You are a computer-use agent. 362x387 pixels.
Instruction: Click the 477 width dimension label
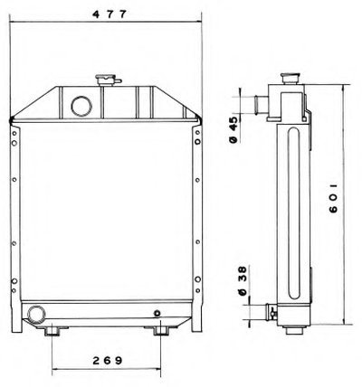pyautogui.click(x=109, y=14)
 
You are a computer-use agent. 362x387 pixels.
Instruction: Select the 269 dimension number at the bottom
pyautogui.click(x=108, y=360)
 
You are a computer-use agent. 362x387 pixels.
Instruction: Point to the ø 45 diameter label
pyautogui.click(x=234, y=129)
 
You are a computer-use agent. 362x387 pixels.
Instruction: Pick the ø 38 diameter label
pyautogui.click(x=243, y=280)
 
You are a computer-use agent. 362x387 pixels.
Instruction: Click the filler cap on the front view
pyautogui.click(x=105, y=80)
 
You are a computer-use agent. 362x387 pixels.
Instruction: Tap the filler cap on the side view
pyautogui.click(x=290, y=79)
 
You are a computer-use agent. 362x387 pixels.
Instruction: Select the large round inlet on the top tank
pyautogui.click(x=81, y=106)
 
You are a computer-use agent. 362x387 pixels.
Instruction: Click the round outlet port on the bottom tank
pyautogui.click(x=36, y=314)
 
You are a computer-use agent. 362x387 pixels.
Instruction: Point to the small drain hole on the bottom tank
pyautogui.click(x=157, y=314)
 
